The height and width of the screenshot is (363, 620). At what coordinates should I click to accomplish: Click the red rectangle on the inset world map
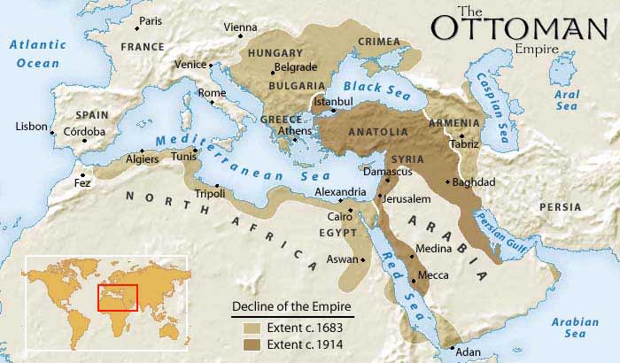(118, 297)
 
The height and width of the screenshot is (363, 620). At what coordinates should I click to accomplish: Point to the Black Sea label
(373, 87)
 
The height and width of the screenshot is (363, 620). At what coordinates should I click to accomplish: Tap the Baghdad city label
(473, 182)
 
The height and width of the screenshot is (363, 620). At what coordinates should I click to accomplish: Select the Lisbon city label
(31, 127)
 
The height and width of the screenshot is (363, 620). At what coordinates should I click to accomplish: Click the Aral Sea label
(568, 99)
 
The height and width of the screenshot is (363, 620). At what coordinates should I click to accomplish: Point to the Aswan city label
(344, 259)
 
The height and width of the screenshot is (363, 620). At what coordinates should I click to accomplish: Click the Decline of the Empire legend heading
(291, 307)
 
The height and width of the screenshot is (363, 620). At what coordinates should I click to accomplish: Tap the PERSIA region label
(561, 207)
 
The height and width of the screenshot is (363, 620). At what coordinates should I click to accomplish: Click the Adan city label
(469, 351)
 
